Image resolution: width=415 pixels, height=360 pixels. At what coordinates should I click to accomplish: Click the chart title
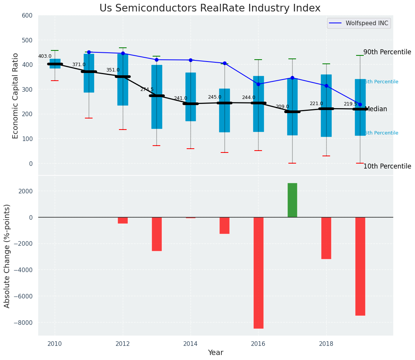210,8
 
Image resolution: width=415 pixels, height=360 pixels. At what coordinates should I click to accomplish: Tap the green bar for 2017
292,200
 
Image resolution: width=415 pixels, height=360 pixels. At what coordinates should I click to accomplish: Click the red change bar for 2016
258,272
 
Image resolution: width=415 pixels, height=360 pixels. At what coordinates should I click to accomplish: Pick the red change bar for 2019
360,266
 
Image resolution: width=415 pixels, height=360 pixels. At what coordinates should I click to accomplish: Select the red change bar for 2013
156,234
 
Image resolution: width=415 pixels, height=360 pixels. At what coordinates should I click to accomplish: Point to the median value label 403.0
45,56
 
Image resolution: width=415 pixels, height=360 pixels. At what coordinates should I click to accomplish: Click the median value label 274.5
147,89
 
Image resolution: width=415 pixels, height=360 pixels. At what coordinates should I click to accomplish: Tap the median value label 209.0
282,107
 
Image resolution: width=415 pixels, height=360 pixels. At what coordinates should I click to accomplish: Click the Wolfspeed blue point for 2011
89,52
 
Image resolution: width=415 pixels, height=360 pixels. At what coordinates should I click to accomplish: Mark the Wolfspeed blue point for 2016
258,84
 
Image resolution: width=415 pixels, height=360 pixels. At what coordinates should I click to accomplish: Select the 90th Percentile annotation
387,52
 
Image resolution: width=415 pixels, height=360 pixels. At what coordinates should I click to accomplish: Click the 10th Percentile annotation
387,166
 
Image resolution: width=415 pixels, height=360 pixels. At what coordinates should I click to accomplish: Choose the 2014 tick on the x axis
190,344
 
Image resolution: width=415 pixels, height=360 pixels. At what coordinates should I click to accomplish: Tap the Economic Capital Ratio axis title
16,95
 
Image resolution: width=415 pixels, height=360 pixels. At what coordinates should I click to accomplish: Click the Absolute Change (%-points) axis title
7,256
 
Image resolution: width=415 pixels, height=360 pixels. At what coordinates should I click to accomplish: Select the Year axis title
215,353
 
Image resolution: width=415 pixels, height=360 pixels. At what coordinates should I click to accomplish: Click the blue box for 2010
55,63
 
